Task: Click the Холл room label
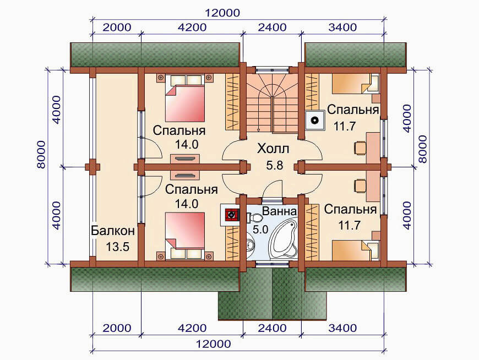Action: pos(273,149)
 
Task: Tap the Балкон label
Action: pos(113,231)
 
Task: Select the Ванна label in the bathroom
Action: pos(279,211)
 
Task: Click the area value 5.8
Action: pos(275,166)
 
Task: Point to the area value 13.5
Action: pos(118,247)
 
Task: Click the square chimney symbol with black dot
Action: pos(314,120)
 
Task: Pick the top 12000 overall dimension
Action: pos(222,13)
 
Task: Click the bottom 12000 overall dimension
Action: pos(213,344)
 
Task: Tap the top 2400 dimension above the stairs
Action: pos(272,28)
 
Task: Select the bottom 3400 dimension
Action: pos(342,328)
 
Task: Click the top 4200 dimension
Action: pos(192,28)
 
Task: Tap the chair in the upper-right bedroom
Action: pos(360,149)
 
